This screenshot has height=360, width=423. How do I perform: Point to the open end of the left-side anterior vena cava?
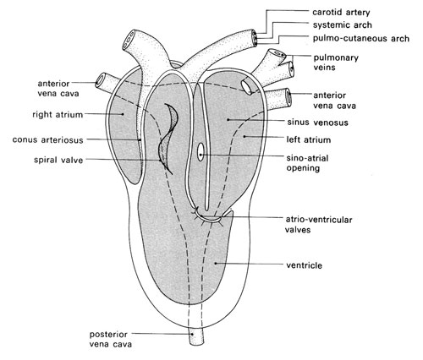[x=99, y=79]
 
